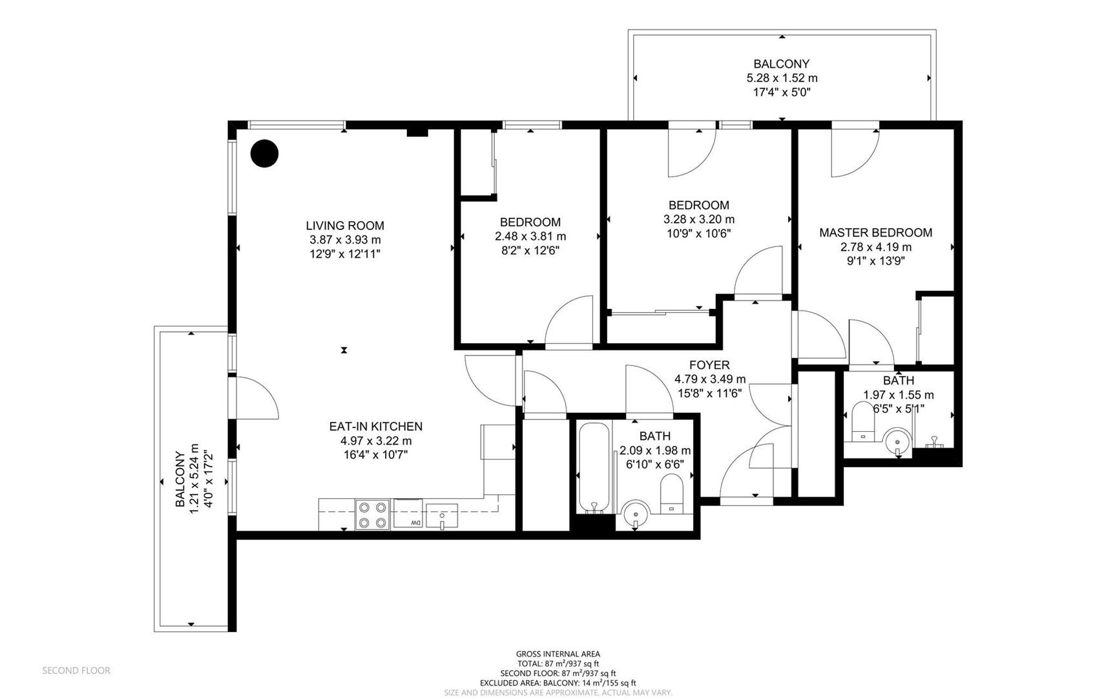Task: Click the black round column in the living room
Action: point(264,154)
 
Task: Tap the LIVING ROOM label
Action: point(345,226)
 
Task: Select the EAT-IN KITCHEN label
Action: point(376,427)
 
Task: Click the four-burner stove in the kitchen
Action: point(373,515)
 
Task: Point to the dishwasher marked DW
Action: point(408,514)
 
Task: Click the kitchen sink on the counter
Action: point(442,516)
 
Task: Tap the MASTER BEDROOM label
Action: point(875,233)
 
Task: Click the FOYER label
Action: point(709,365)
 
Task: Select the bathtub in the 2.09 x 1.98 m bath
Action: point(593,468)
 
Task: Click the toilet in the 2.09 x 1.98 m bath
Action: point(672,494)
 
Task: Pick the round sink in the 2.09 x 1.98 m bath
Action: point(636,514)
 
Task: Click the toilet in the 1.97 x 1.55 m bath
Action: point(862,422)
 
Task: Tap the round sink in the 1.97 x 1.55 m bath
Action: point(897,441)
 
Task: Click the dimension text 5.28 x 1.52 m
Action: point(782,78)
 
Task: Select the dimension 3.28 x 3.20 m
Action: point(699,220)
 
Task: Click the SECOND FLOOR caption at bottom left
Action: point(76,671)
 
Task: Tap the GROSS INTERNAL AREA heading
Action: point(558,654)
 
